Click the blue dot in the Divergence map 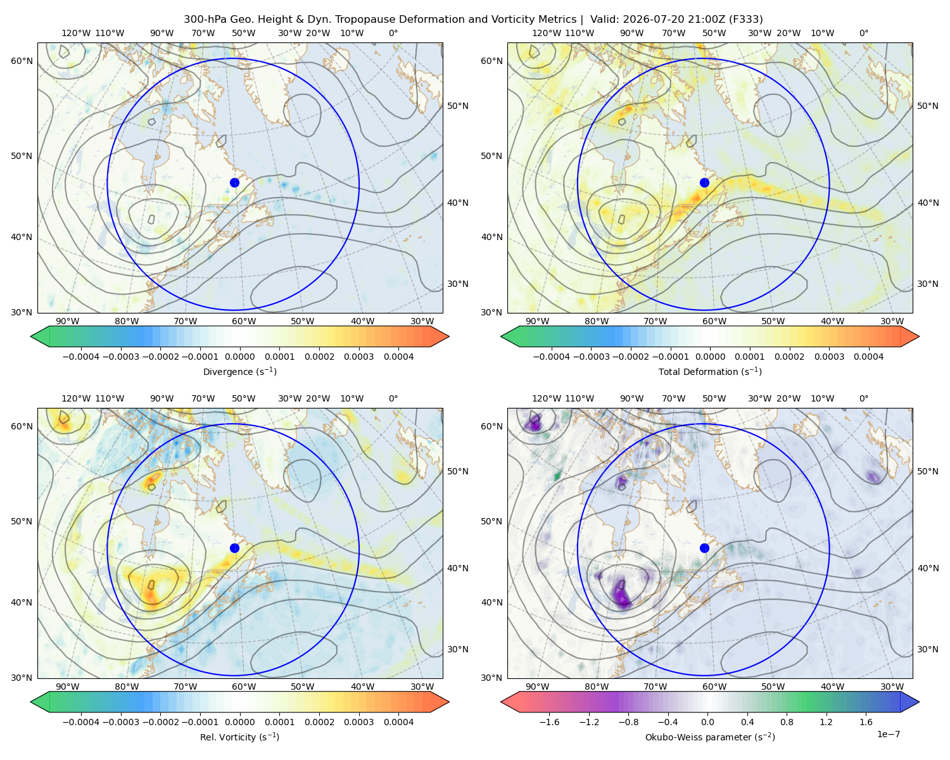coord(234,182)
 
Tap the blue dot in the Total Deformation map coord(704,182)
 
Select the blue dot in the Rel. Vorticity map coord(234,548)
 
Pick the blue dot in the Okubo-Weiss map coord(704,548)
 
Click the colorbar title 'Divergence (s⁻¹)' coord(239,371)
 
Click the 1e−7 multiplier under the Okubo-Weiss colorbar coord(888,734)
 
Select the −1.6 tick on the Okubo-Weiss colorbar coord(548,721)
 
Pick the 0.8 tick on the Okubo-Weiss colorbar coord(787,721)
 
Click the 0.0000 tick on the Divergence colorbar coord(239,357)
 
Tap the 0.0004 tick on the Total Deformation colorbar coord(869,357)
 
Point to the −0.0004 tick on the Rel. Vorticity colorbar coord(81,721)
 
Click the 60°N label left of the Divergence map coord(22,61)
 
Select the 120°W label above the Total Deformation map coord(546,33)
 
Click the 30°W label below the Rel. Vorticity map coord(422,687)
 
